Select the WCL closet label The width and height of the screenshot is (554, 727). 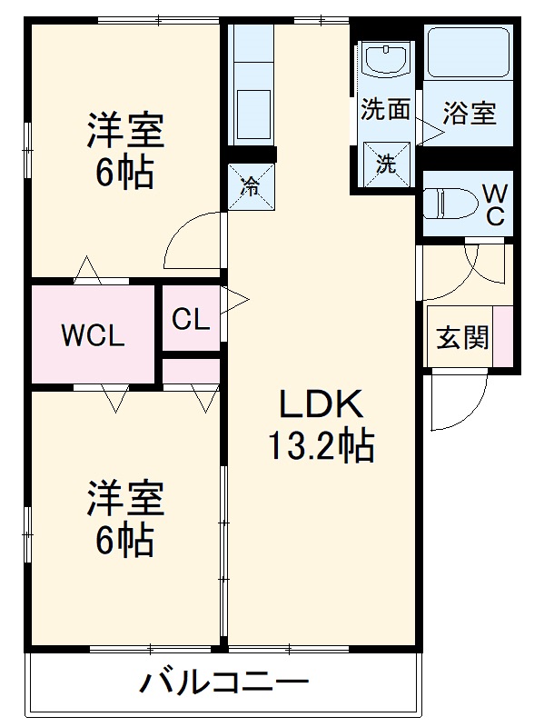click(x=92, y=335)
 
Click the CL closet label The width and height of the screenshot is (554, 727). click(x=192, y=319)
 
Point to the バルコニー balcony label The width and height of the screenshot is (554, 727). click(x=224, y=682)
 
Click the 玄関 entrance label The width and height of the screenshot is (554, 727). click(x=462, y=338)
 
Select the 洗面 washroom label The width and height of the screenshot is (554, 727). click(x=385, y=110)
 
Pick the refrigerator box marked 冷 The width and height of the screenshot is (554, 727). click(x=250, y=188)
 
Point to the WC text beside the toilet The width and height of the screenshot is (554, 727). click(x=495, y=204)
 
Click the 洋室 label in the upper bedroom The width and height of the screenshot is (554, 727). click(x=125, y=131)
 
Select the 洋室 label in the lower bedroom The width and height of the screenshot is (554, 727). click(x=125, y=500)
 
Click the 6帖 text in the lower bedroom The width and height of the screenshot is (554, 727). click(x=125, y=542)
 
